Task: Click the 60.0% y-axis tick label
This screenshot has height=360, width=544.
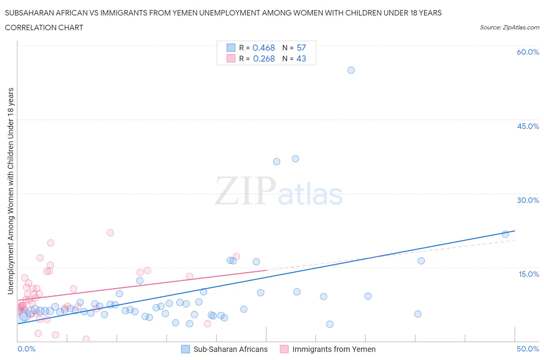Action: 527,52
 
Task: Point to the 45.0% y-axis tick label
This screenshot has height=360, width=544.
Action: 528,126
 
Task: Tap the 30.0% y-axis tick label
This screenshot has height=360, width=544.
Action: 528,200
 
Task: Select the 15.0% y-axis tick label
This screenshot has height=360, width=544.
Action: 528,274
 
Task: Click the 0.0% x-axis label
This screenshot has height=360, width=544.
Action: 26,349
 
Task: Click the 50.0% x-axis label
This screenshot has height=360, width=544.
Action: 528,349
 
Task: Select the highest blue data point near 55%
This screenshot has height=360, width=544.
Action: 351,70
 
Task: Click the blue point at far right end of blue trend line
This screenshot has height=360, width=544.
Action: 505,234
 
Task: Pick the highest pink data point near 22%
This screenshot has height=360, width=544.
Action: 110,233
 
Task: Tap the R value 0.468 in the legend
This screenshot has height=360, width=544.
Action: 263,48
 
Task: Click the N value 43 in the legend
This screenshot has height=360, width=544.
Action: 301,58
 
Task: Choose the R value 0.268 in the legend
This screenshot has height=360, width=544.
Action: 263,58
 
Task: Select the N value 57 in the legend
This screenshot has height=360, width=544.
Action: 301,48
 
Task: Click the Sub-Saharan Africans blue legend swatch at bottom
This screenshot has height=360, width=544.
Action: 186,349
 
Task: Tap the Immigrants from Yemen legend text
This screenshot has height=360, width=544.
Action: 334,349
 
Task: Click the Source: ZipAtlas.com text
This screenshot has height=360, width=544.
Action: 509,27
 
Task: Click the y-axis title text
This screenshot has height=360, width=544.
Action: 10,191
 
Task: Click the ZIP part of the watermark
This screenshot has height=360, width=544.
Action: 245,191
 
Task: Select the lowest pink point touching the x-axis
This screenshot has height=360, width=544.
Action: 86,339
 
